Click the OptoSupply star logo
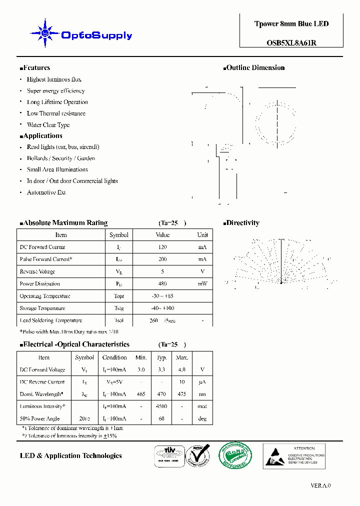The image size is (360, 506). [45, 33]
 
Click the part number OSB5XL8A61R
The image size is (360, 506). [291, 43]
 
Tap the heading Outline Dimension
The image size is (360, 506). [255, 68]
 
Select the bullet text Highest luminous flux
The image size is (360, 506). [54, 79]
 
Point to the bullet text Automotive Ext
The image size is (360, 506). [46, 192]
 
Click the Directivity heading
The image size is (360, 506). [242, 223]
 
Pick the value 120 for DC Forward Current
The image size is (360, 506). [162, 247]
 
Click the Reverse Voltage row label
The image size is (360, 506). [37, 272]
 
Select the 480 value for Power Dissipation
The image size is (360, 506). [162, 284]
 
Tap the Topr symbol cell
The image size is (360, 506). [118, 296]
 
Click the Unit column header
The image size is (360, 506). [202, 235]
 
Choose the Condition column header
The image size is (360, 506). [114, 357]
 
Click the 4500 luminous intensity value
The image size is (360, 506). [161, 406]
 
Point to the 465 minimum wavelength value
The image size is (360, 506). [141, 394]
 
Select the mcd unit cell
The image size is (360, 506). [202, 406]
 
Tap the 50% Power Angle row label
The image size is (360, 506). [39, 419]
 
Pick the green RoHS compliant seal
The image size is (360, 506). [235, 455]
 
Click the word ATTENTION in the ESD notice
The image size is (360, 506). [304, 448]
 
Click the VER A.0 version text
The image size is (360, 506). [320, 485]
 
